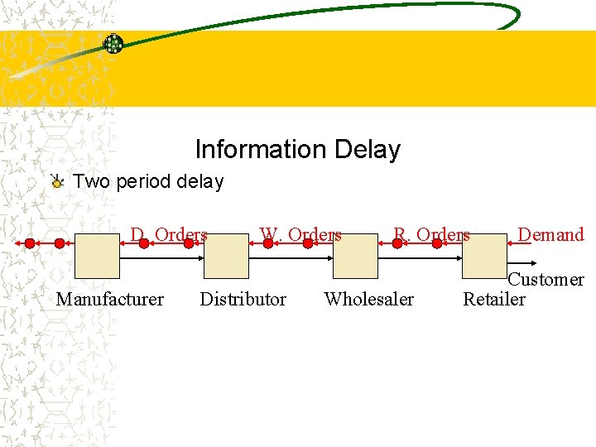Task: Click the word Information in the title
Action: [259, 150]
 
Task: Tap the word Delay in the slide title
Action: [367, 150]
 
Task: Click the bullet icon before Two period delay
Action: [56, 181]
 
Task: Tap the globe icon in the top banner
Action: [113, 44]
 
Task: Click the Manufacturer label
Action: [109, 300]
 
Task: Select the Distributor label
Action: [243, 300]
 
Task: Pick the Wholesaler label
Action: [369, 300]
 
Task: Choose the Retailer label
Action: [493, 300]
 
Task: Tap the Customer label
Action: [546, 281]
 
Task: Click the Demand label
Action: [550, 235]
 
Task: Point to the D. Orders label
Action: [169, 235]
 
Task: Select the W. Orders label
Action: [300, 235]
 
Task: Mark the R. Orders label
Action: [431, 235]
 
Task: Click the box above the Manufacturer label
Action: [97, 255]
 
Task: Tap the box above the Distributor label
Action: [226, 255]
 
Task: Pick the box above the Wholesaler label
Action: [355, 255]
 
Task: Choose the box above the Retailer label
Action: [484, 255]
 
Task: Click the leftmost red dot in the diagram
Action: [30, 243]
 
